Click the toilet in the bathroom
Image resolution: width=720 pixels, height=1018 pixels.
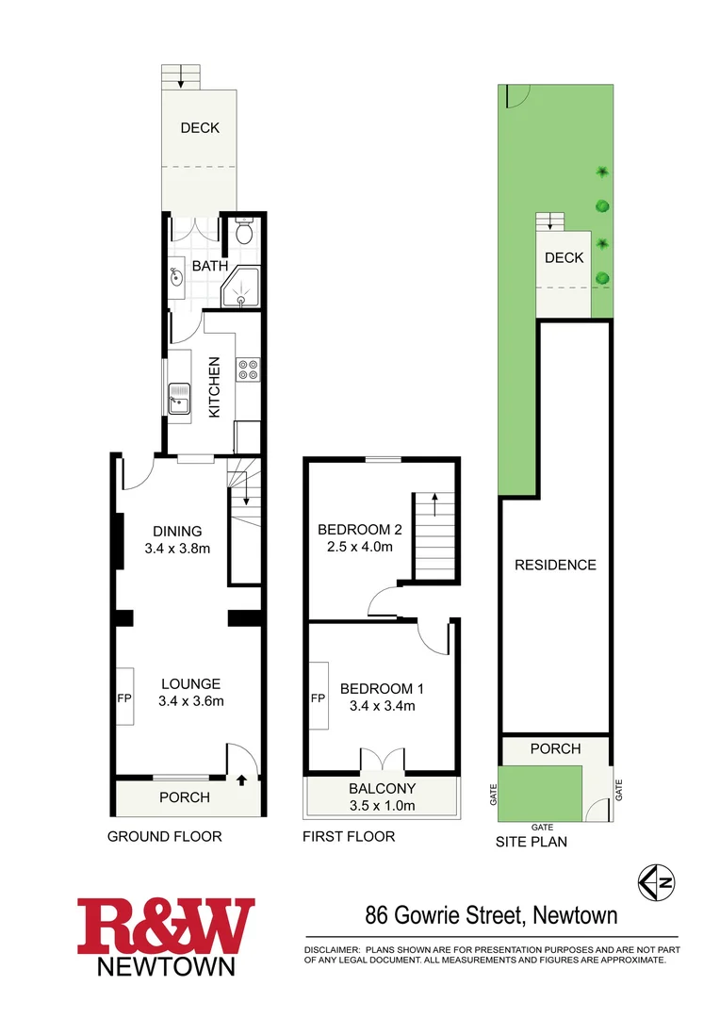(244, 231)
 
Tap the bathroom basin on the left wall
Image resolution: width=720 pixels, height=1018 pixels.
(177, 276)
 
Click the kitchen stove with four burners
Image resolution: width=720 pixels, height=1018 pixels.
(248, 369)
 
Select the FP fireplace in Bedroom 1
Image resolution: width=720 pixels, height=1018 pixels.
(318, 700)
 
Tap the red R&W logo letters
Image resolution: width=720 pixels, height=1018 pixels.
(166, 927)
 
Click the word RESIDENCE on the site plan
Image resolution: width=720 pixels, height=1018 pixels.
(555, 565)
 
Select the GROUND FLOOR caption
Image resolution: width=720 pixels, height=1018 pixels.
(165, 836)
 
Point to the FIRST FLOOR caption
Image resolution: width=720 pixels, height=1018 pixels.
(349, 836)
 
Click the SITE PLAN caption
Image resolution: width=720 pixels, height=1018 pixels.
(532, 842)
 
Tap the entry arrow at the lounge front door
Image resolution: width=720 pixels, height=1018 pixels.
(241, 780)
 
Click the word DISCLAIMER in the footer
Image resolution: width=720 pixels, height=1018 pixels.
(331, 949)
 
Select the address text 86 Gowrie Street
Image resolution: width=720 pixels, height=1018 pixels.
(443, 914)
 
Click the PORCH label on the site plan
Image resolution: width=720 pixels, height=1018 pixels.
(555, 748)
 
